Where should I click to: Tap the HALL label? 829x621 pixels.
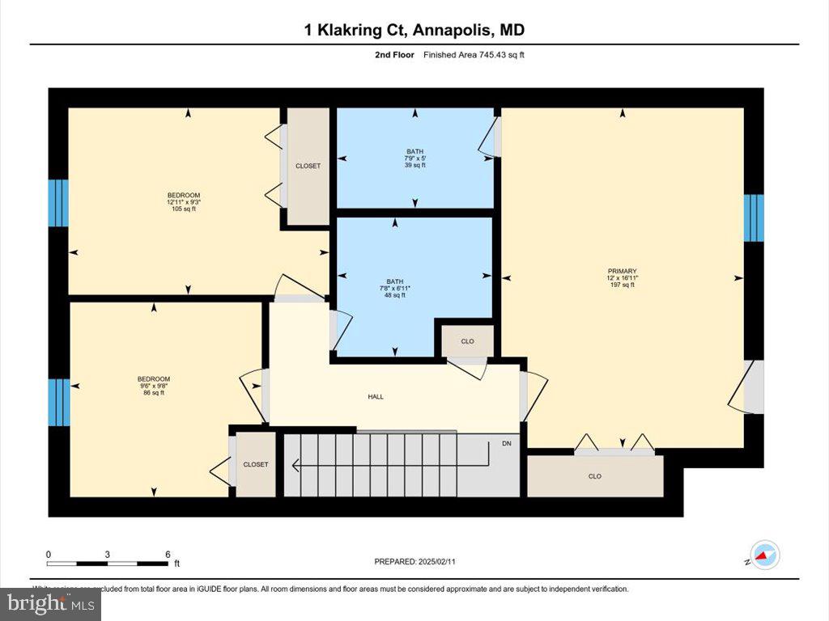[x=376, y=397]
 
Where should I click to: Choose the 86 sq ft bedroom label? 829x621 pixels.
[x=153, y=386]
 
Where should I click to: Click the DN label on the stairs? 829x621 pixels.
[x=507, y=444]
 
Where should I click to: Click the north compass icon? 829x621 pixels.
[x=764, y=556]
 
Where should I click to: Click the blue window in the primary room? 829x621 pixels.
[x=754, y=218]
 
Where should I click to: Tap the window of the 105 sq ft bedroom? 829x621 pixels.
[x=58, y=202]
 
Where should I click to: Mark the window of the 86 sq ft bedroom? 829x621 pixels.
[x=58, y=402]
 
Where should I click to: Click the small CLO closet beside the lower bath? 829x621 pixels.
[x=467, y=341]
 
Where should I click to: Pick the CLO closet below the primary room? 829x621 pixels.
[x=595, y=476]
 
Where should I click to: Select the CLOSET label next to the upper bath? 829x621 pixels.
[x=308, y=166]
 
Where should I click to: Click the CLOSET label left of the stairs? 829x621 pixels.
[x=256, y=464]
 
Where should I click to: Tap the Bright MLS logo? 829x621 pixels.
[x=50, y=603]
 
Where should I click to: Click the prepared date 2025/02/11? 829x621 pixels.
[x=420, y=561]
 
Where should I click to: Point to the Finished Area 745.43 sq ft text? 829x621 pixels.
[x=478, y=55]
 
